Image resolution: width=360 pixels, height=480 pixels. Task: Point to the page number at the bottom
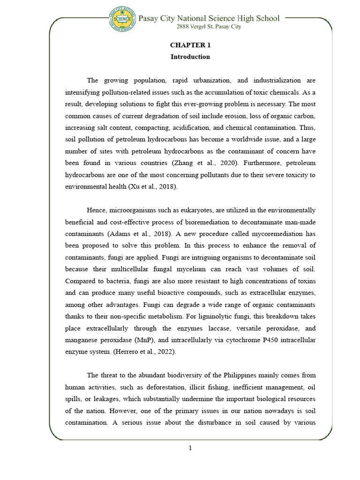point(190,448)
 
